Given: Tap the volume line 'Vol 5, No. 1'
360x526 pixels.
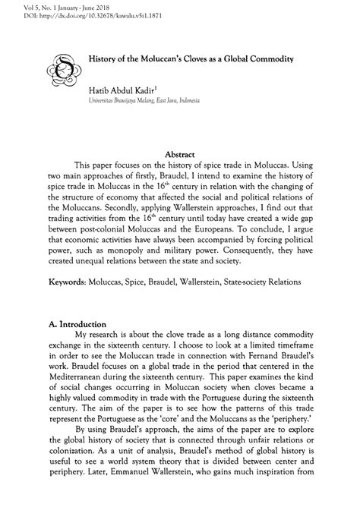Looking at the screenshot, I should coord(30,5).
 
